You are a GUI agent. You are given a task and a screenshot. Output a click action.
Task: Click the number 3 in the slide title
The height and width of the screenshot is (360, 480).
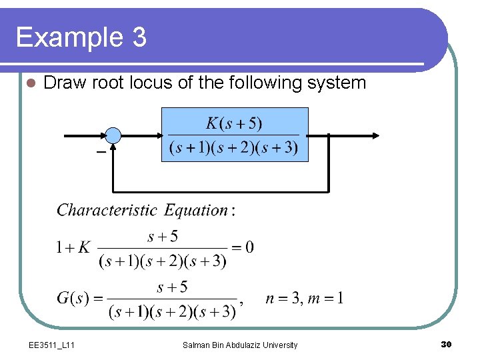tap(138, 37)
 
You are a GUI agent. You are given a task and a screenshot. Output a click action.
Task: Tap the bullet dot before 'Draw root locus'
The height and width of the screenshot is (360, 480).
tap(28, 83)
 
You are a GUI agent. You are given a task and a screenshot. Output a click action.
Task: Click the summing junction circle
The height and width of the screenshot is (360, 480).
tap(113, 135)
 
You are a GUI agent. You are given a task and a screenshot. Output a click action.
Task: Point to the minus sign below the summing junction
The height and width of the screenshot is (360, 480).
tap(101, 153)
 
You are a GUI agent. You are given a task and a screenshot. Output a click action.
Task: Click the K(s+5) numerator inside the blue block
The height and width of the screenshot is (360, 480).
tap(234, 123)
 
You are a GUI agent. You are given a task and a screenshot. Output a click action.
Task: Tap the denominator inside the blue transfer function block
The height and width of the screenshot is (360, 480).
tap(234, 147)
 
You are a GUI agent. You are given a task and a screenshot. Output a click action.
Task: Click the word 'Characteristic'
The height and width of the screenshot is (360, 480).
tap(107, 211)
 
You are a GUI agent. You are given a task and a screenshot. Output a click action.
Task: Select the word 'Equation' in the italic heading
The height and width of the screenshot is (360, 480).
tap(196, 211)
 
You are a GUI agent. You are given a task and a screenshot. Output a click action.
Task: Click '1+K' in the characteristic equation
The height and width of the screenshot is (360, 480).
tap(73, 248)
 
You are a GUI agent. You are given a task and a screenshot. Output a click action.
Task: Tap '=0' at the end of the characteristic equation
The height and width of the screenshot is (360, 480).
tap(241, 248)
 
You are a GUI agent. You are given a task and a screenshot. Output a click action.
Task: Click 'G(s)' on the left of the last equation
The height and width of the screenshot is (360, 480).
tap(73, 298)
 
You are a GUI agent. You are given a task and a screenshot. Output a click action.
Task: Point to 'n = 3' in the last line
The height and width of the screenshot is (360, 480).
tap(280, 298)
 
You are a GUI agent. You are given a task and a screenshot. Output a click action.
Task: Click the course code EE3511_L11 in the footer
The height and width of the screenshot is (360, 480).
tap(51, 345)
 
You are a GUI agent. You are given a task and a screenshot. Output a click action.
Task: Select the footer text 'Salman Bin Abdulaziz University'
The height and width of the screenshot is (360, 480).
tap(240, 345)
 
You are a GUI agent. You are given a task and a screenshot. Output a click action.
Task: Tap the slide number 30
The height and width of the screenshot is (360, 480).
tap(447, 344)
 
